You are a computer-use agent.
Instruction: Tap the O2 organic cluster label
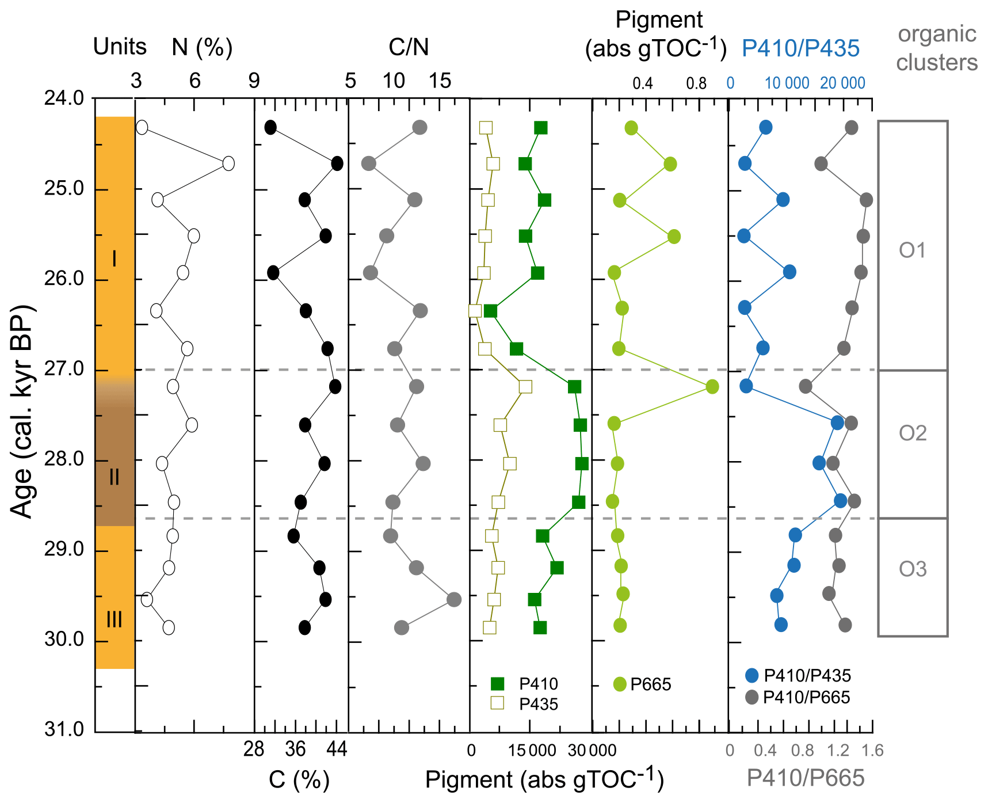pyautogui.click(x=913, y=433)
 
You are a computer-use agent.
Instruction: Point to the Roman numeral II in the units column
pyautogui.click(x=114, y=477)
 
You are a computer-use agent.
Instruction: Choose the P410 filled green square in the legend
pyautogui.click(x=498, y=684)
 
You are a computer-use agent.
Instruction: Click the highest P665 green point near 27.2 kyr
pyautogui.click(x=712, y=387)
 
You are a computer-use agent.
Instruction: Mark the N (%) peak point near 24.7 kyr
pyautogui.click(x=228, y=163)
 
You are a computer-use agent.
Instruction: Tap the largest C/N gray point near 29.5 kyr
pyautogui.click(x=454, y=599)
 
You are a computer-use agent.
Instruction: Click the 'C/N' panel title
pyautogui.click(x=409, y=47)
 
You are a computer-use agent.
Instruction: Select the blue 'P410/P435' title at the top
pyautogui.click(x=800, y=49)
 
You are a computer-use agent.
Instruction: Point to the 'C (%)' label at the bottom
pyautogui.click(x=299, y=780)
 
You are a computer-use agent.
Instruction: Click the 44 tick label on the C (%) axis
pyautogui.click(x=337, y=749)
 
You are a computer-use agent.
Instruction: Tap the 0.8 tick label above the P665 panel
pyautogui.click(x=696, y=84)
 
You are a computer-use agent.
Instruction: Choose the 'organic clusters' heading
pyautogui.click(x=937, y=48)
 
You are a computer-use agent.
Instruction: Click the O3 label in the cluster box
pyautogui.click(x=913, y=569)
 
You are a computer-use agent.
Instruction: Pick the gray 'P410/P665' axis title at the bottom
pyautogui.click(x=805, y=778)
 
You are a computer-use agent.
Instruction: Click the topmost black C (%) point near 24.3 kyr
pyautogui.click(x=270, y=127)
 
